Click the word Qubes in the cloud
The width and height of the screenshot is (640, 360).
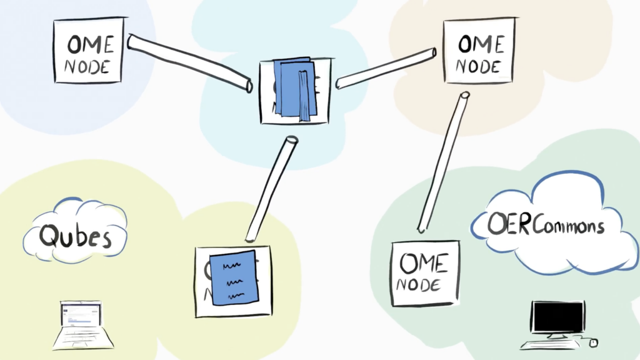[75, 236]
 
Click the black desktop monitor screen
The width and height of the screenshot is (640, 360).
[557, 316]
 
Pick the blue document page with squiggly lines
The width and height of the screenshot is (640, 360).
[233, 278]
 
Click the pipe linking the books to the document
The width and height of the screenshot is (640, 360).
[272, 189]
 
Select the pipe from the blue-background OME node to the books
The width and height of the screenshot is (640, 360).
[189, 62]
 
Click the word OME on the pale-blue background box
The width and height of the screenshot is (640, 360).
[91, 45]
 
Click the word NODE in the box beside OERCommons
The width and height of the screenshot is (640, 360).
[424, 285]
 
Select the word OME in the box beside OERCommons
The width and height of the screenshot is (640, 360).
[424, 264]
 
